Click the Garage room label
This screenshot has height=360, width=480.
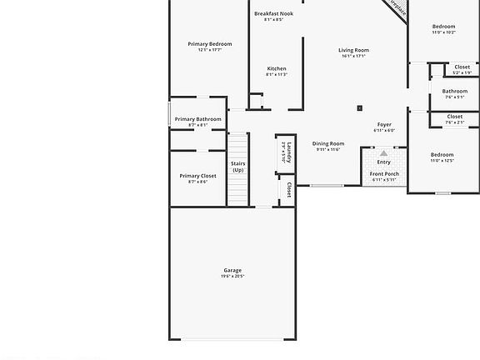pos(232,270)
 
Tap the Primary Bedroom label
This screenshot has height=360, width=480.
pos(210,44)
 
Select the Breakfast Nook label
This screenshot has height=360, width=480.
pos(273,13)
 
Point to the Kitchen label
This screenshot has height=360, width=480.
pos(277,68)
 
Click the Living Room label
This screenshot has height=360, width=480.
pos(353,50)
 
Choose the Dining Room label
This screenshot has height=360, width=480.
pos(328,143)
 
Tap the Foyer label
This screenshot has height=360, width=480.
pos(384,124)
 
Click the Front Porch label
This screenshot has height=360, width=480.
pos(385,173)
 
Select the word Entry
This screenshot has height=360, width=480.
pos(383,162)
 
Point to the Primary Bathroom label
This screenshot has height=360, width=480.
pos(198,119)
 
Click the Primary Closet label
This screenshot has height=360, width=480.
pos(197,176)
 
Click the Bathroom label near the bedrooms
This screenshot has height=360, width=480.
pos(455,91)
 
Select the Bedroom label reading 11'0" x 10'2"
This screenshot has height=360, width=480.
pos(443,27)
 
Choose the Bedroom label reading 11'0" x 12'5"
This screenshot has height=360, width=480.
pos(442,155)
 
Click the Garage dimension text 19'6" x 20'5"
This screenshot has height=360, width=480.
pos(232,276)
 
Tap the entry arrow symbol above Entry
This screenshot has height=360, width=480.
pos(383,153)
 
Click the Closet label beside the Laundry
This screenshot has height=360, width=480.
pos(289,190)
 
